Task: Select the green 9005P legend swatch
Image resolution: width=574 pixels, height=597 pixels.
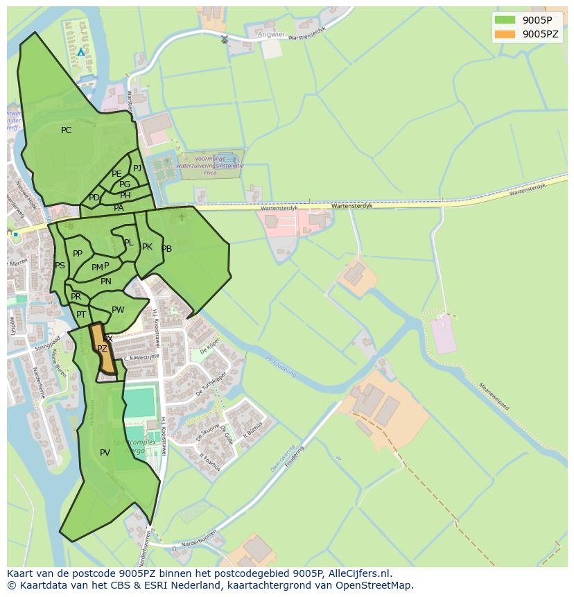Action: (x=505, y=19)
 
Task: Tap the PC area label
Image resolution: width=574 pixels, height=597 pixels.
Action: (x=66, y=130)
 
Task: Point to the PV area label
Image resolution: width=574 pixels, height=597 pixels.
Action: (x=105, y=453)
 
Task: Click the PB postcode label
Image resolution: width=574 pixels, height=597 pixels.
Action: (x=166, y=249)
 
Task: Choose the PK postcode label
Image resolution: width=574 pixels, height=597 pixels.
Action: (x=147, y=247)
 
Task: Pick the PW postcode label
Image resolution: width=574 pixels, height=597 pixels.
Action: (x=118, y=310)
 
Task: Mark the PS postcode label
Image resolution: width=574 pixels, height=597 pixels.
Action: (x=60, y=266)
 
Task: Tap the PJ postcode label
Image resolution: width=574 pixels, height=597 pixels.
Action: (x=137, y=168)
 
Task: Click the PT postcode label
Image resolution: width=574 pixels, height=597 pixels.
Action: (x=81, y=315)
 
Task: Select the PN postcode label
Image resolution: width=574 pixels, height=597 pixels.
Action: (x=105, y=282)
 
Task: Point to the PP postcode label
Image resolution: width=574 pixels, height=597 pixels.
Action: (x=78, y=254)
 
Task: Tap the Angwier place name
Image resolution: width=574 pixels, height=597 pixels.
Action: (x=271, y=34)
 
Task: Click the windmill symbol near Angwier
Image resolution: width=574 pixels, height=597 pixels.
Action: (x=224, y=39)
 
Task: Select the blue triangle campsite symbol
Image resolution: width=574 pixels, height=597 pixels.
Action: (x=81, y=52)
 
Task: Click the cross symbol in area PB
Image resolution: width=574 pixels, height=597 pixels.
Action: (x=182, y=217)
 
